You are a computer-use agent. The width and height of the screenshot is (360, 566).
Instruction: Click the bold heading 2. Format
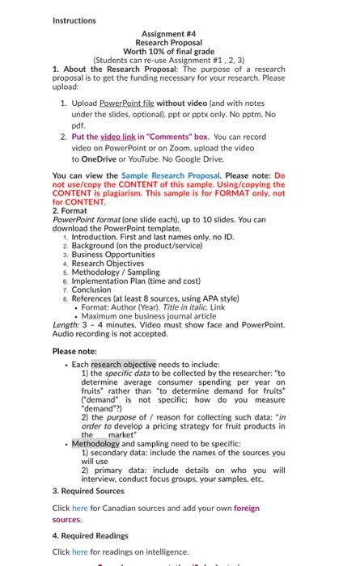(70, 210)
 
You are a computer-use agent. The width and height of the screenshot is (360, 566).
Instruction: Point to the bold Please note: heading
(74, 351)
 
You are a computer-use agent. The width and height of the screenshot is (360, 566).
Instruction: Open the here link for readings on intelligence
(79, 551)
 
